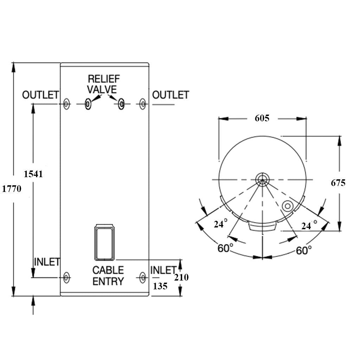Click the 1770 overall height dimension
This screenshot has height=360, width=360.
click(x=12, y=189)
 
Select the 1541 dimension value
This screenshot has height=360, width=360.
click(x=33, y=174)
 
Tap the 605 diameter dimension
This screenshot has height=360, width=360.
click(x=262, y=118)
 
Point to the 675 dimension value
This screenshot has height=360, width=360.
click(x=338, y=183)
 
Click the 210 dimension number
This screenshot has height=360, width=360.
click(x=181, y=277)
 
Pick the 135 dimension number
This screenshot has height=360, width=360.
click(x=160, y=286)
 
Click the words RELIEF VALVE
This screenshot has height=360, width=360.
click(x=103, y=84)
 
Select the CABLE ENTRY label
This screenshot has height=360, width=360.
click(x=108, y=276)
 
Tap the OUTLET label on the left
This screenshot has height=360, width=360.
click(x=40, y=95)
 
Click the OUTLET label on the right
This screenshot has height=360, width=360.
click(x=171, y=95)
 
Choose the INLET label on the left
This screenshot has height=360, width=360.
click(x=47, y=262)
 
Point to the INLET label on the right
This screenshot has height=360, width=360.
click(x=163, y=270)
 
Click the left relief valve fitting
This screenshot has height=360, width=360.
click(x=88, y=104)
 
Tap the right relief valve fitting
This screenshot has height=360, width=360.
click(x=121, y=104)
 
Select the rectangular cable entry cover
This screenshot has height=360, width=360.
click(x=104, y=243)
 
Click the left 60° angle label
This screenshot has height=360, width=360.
click(x=225, y=248)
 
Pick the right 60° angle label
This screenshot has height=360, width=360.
click(x=304, y=250)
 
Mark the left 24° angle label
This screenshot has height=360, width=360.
click(x=220, y=224)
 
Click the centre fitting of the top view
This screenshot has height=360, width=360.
click(x=262, y=180)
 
